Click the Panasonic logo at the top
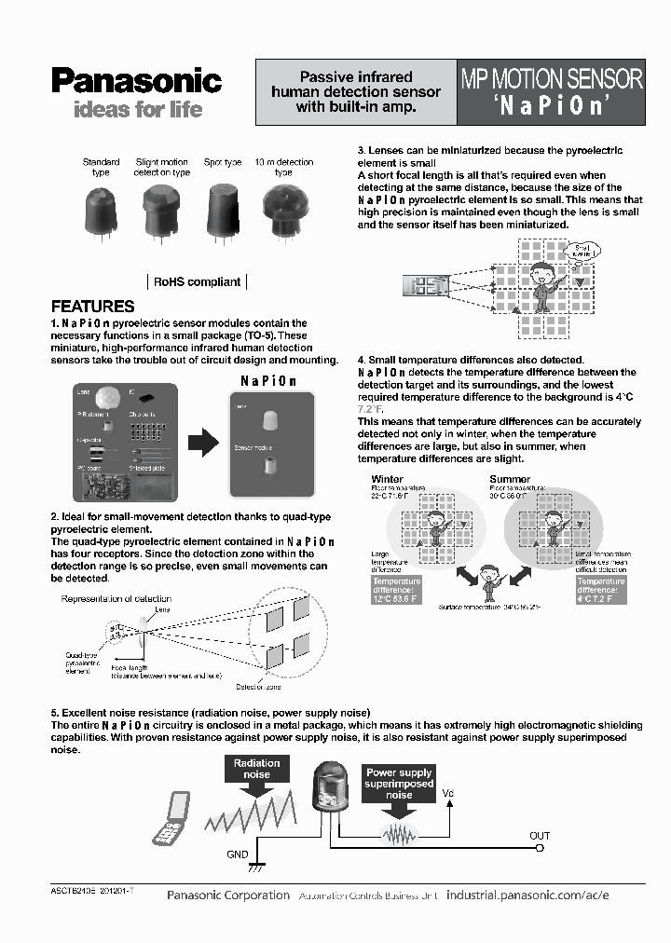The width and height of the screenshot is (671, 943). (136, 81)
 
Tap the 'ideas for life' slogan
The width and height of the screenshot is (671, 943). (137, 110)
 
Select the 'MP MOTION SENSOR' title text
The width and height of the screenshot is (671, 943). (552, 78)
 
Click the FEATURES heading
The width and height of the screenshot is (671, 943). (92, 306)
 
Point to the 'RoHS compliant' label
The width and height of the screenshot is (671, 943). (197, 281)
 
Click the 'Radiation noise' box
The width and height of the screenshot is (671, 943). (256, 769)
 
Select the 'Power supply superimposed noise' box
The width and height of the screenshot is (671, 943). (399, 784)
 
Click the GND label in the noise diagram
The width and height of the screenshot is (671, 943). (238, 854)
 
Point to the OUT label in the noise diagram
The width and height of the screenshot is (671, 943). (540, 836)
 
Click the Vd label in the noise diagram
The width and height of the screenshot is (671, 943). (448, 794)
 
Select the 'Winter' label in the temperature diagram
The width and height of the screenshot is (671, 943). (388, 480)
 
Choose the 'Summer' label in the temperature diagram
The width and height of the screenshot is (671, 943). (510, 480)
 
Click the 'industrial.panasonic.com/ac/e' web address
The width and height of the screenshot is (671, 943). (527, 895)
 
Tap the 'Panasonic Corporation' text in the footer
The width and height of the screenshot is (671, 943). (228, 895)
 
